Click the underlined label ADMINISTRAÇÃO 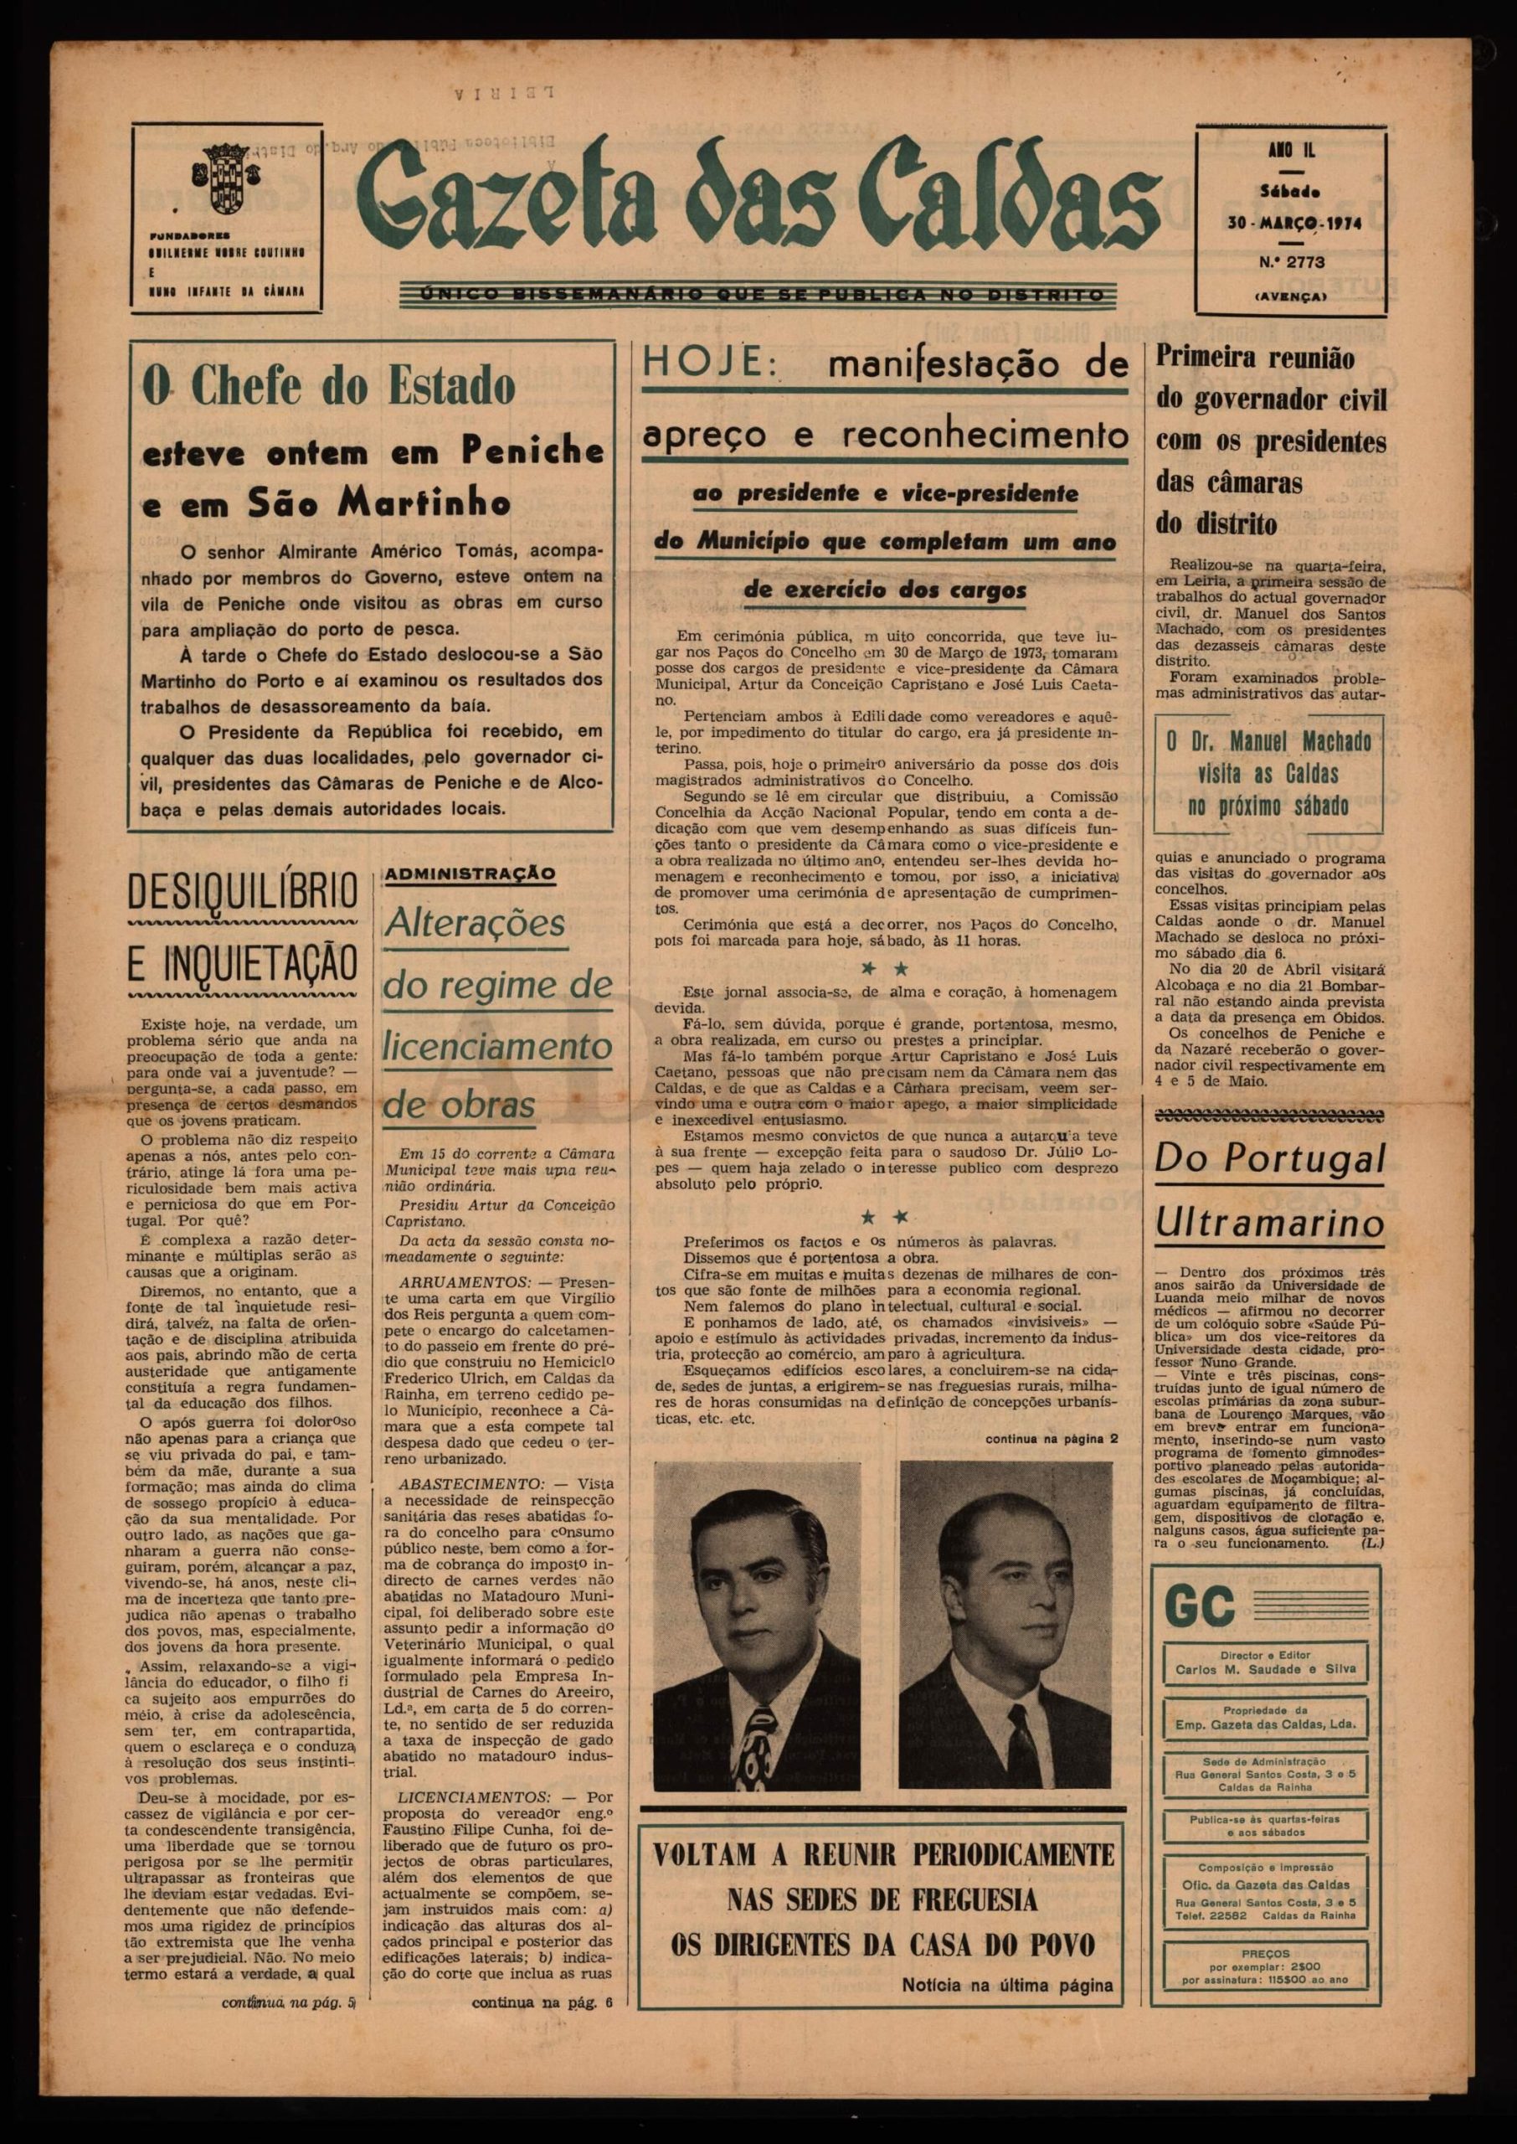tap(470, 874)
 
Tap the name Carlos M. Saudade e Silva tap(1266, 1670)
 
